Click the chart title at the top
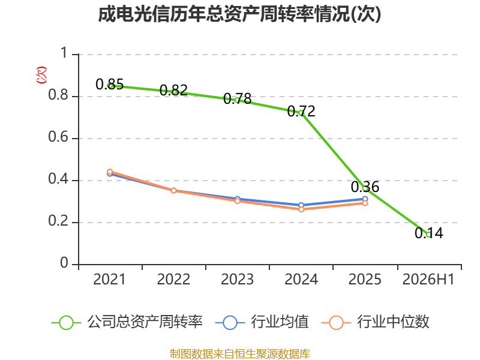(x=239, y=14)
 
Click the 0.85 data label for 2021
(x=110, y=84)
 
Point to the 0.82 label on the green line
(x=173, y=90)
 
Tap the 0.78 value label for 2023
(x=237, y=98)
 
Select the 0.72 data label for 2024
(x=301, y=111)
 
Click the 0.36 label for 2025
(x=365, y=187)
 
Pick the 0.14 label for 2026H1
(x=429, y=233)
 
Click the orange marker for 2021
(x=110, y=172)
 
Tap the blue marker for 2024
(x=301, y=205)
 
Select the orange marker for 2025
(x=365, y=203)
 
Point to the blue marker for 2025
(x=365, y=199)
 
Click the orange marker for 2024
(x=301, y=209)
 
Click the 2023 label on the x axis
(x=237, y=279)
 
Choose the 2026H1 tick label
(x=428, y=279)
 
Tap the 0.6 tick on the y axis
(x=58, y=137)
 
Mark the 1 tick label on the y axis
(x=64, y=53)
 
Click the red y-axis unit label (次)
(x=41, y=75)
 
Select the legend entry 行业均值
(x=262, y=322)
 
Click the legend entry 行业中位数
(x=376, y=322)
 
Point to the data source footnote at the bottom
(x=240, y=353)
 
